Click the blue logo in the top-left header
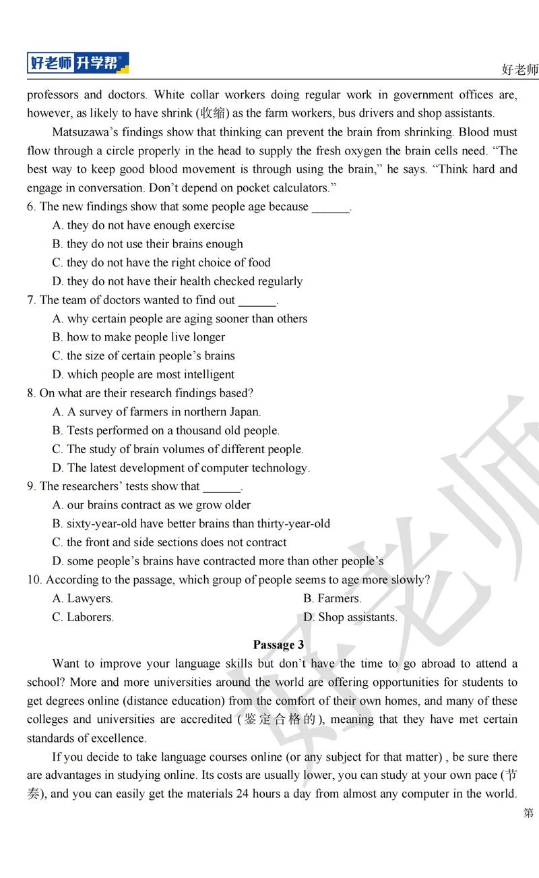[x=77, y=63]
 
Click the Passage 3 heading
[x=278, y=645]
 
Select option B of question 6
[x=148, y=244]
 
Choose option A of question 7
[x=179, y=318]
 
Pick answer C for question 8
[x=178, y=449]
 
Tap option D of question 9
[x=218, y=561]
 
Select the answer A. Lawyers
[x=82, y=598]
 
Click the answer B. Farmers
[x=332, y=598]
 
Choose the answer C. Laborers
[x=83, y=617]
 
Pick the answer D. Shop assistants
[x=350, y=617]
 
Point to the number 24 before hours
[x=243, y=794]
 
